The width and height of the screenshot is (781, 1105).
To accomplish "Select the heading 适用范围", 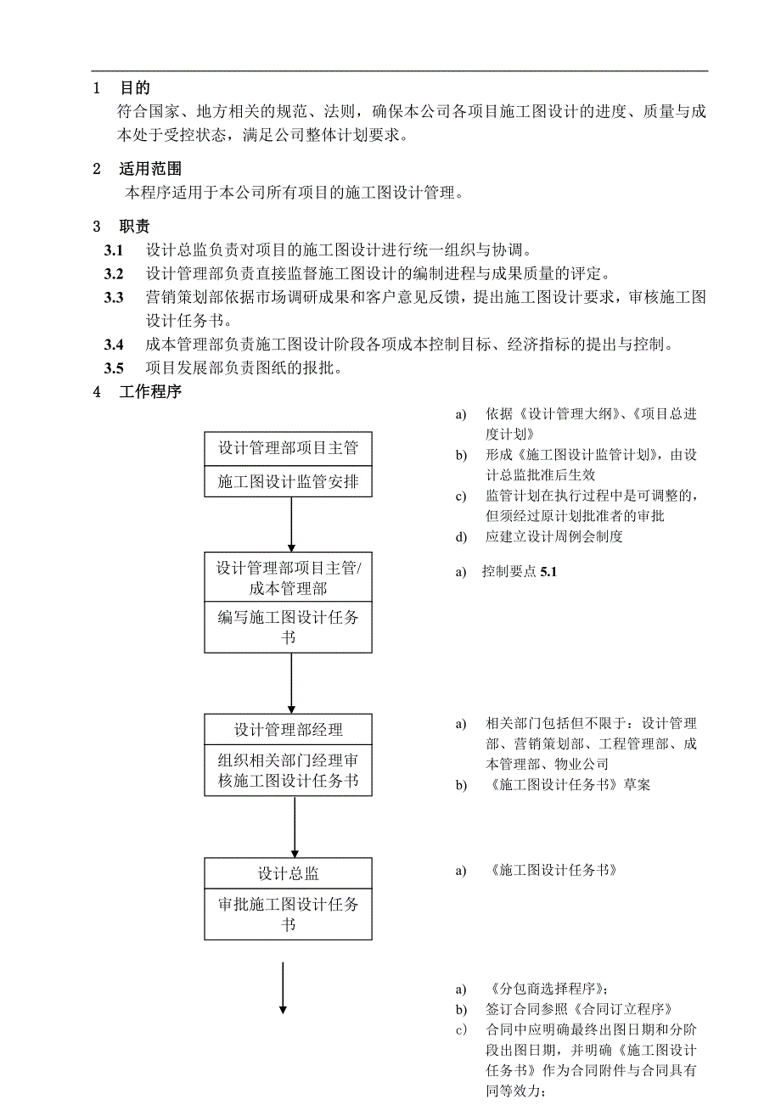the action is (150, 169).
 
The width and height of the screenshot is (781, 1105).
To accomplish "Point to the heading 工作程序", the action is (150, 392).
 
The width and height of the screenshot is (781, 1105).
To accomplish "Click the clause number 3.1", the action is (114, 250).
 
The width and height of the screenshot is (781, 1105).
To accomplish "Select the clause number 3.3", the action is (114, 298).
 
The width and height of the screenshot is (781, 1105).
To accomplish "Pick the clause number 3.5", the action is (114, 368).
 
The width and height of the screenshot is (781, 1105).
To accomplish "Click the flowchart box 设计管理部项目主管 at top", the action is (288, 448).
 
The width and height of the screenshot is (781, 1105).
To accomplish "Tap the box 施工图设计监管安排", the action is (288, 482).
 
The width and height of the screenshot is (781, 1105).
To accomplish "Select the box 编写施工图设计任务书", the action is (288, 627).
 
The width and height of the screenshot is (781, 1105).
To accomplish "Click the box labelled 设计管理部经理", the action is (288, 730).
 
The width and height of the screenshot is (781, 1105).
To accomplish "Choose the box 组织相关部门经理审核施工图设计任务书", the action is (288, 771).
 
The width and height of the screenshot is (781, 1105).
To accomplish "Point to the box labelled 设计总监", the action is (288, 873).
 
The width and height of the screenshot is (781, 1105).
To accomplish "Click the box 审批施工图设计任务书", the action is (288, 914).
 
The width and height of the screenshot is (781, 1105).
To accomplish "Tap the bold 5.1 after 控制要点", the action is (548, 572).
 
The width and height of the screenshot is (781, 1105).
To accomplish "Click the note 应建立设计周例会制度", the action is (554, 536).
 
